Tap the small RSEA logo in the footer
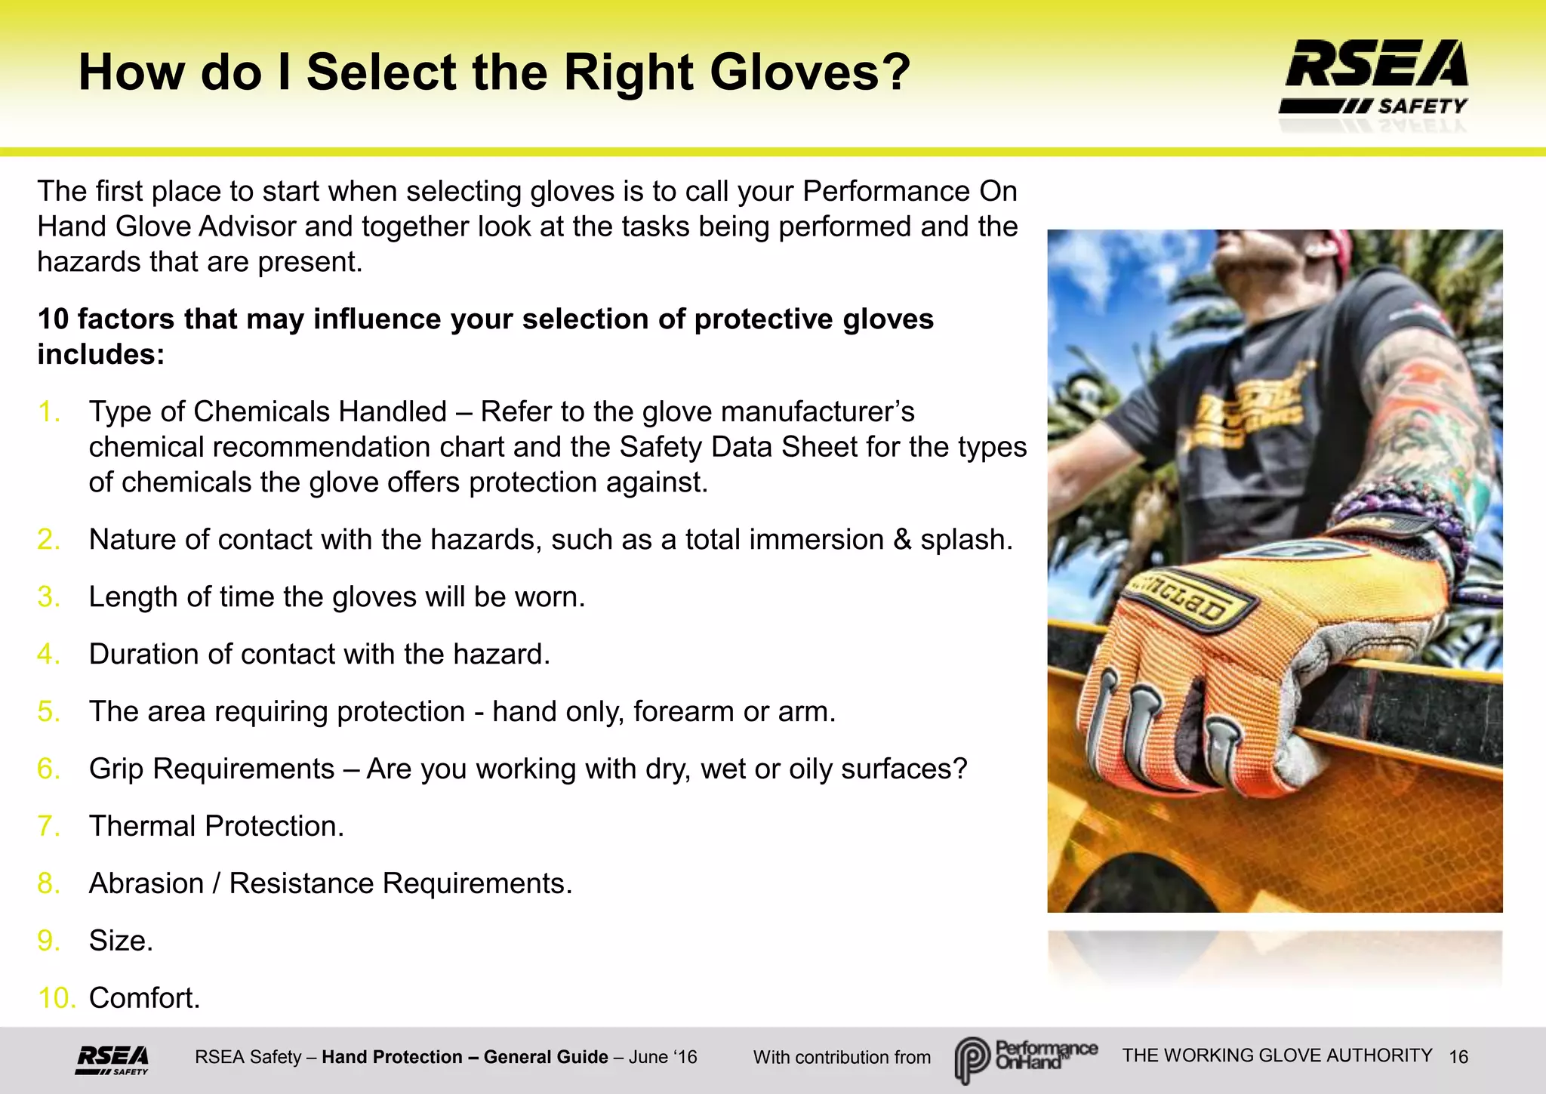(x=112, y=1059)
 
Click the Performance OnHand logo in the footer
(x=1025, y=1058)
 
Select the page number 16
(x=1458, y=1057)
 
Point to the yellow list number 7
(x=48, y=826)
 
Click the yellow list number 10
(x=57, y=998)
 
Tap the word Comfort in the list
(x=143, y=998)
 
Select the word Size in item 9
(x=119, y=941)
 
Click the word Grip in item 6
(x=116, y=769)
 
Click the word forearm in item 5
(x=683, y=712)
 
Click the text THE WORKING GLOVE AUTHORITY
(x=1277, y=1055)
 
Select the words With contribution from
(x=842, y=1058)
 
